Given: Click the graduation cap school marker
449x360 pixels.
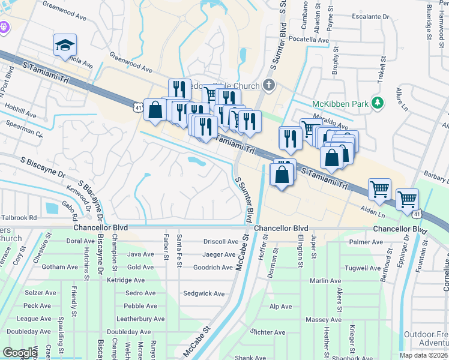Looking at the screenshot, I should [65, 46].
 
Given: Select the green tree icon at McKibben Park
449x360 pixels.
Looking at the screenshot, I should [378, 103].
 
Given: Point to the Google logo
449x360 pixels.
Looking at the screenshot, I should [20, 353].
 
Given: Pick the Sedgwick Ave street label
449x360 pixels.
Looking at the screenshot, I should [203, 293].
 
